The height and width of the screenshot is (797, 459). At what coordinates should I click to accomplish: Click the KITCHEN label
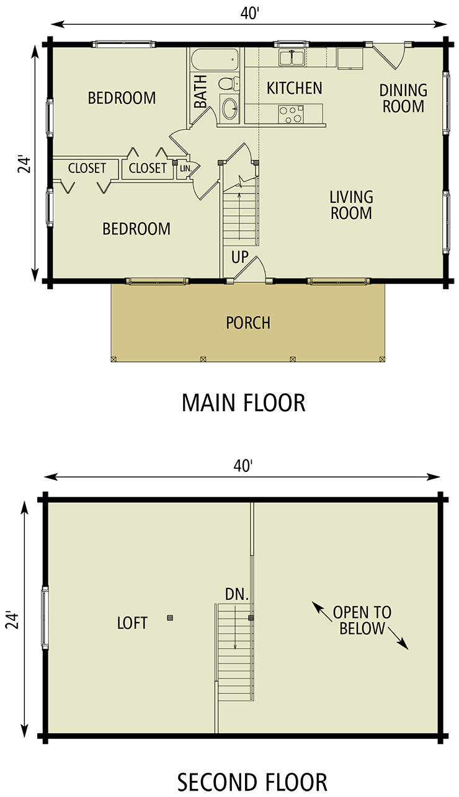[x=294, y=88]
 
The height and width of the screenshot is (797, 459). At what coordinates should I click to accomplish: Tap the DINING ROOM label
[x=403, y=98]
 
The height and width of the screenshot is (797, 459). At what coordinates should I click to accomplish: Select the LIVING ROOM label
[x=351, y=205]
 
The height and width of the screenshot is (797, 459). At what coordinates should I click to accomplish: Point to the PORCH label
[x=248, y=323]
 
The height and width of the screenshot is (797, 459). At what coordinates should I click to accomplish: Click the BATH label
[x=201, y=96]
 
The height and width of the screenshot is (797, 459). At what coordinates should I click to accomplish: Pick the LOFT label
[x=132, y=623]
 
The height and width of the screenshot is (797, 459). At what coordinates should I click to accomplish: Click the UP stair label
[x=240, y=257]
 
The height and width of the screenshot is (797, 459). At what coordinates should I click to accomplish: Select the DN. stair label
[x=237, y=595]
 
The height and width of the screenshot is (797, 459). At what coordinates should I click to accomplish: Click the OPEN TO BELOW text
[x=362, y=620]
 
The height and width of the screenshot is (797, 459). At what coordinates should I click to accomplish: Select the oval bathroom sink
[x=229, y=109]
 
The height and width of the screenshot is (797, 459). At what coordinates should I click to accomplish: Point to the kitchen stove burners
[x=290, y=114]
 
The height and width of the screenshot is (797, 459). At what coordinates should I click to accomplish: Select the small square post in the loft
[x=170, y=618]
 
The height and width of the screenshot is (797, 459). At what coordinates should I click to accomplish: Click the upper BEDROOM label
[x=122, y=98]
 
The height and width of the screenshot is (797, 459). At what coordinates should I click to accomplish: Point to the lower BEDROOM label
[x=136, y=229]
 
